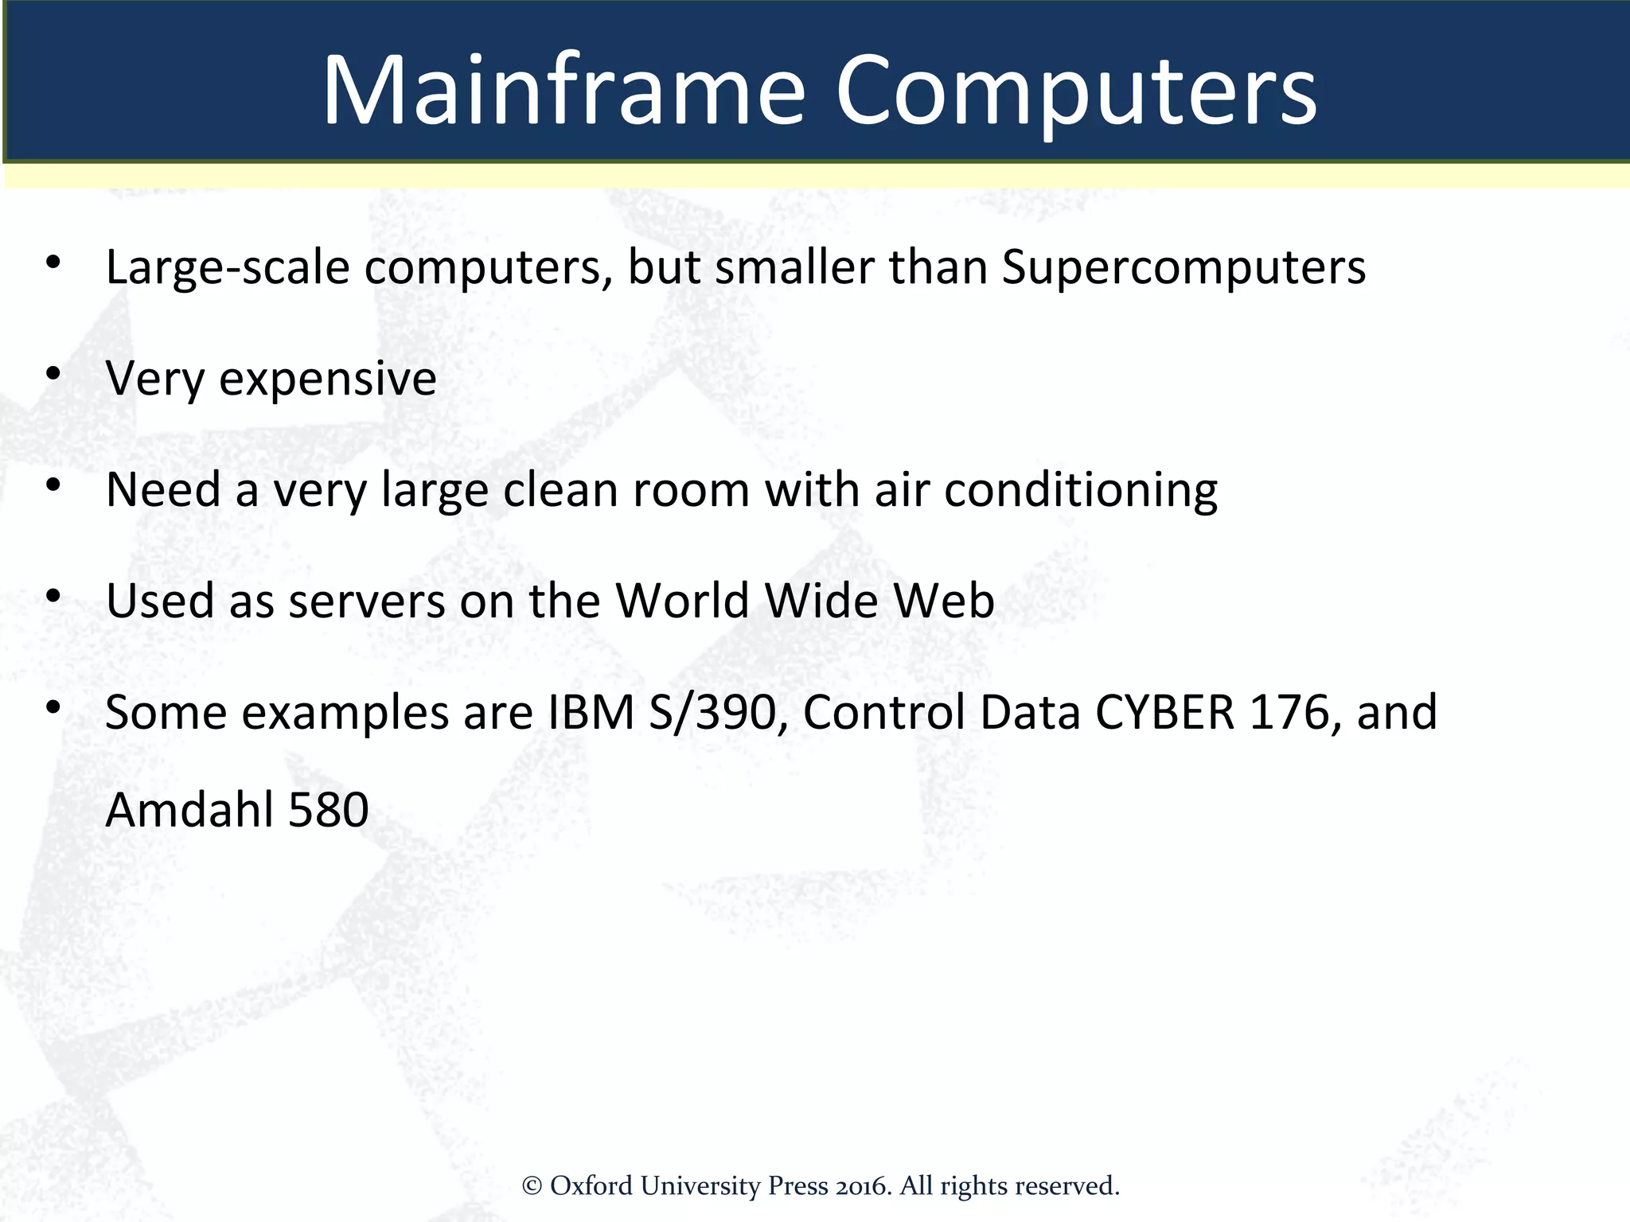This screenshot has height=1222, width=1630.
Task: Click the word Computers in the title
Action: [x=1075, y=91]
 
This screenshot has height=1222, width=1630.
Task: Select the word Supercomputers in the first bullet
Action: [x=1184, y=267]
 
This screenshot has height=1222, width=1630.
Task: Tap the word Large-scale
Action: [x=228, y=267]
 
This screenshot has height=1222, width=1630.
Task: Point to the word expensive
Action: [x=327, y=379]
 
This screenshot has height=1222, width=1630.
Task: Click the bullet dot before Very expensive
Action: [x=53, y=373]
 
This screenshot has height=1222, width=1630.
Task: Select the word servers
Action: [x=366, y=601]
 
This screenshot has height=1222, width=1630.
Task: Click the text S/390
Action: [x=712, y=712]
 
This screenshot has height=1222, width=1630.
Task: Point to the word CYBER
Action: [x=1164, y=712]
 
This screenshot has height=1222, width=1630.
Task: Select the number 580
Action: [x=328, y=810]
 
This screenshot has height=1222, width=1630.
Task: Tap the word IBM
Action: [x=591, y=712]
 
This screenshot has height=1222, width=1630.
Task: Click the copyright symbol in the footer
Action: [x=532, y=1186]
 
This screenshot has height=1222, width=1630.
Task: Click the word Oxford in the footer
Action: [x=591, y=1186]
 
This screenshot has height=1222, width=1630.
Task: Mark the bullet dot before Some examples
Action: [x=53, y=706]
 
